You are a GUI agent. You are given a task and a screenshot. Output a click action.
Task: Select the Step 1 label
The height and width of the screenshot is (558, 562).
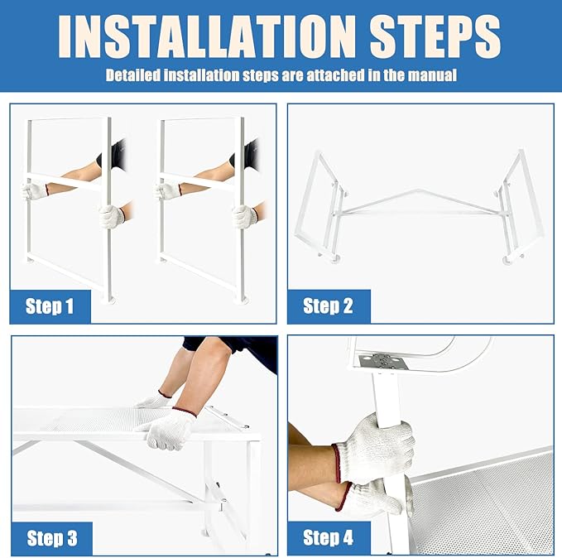(50, 306)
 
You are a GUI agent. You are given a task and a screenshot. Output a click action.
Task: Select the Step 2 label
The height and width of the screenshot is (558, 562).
(328, 305)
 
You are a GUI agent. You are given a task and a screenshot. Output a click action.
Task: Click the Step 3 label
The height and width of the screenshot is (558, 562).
(52, 538)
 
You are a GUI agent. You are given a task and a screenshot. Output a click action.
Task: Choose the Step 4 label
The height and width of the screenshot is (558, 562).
(328, 537)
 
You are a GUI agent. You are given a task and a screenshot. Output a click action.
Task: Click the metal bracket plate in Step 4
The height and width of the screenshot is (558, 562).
(382, 362)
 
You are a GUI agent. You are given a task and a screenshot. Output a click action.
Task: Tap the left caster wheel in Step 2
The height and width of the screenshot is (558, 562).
(335, 258)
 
